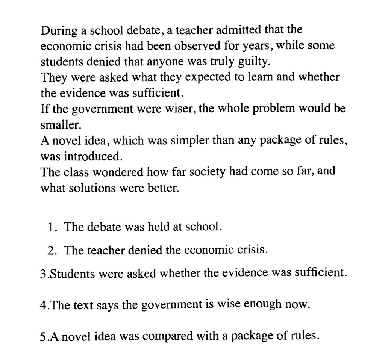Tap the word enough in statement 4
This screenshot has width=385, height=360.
tap(263, 304)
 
